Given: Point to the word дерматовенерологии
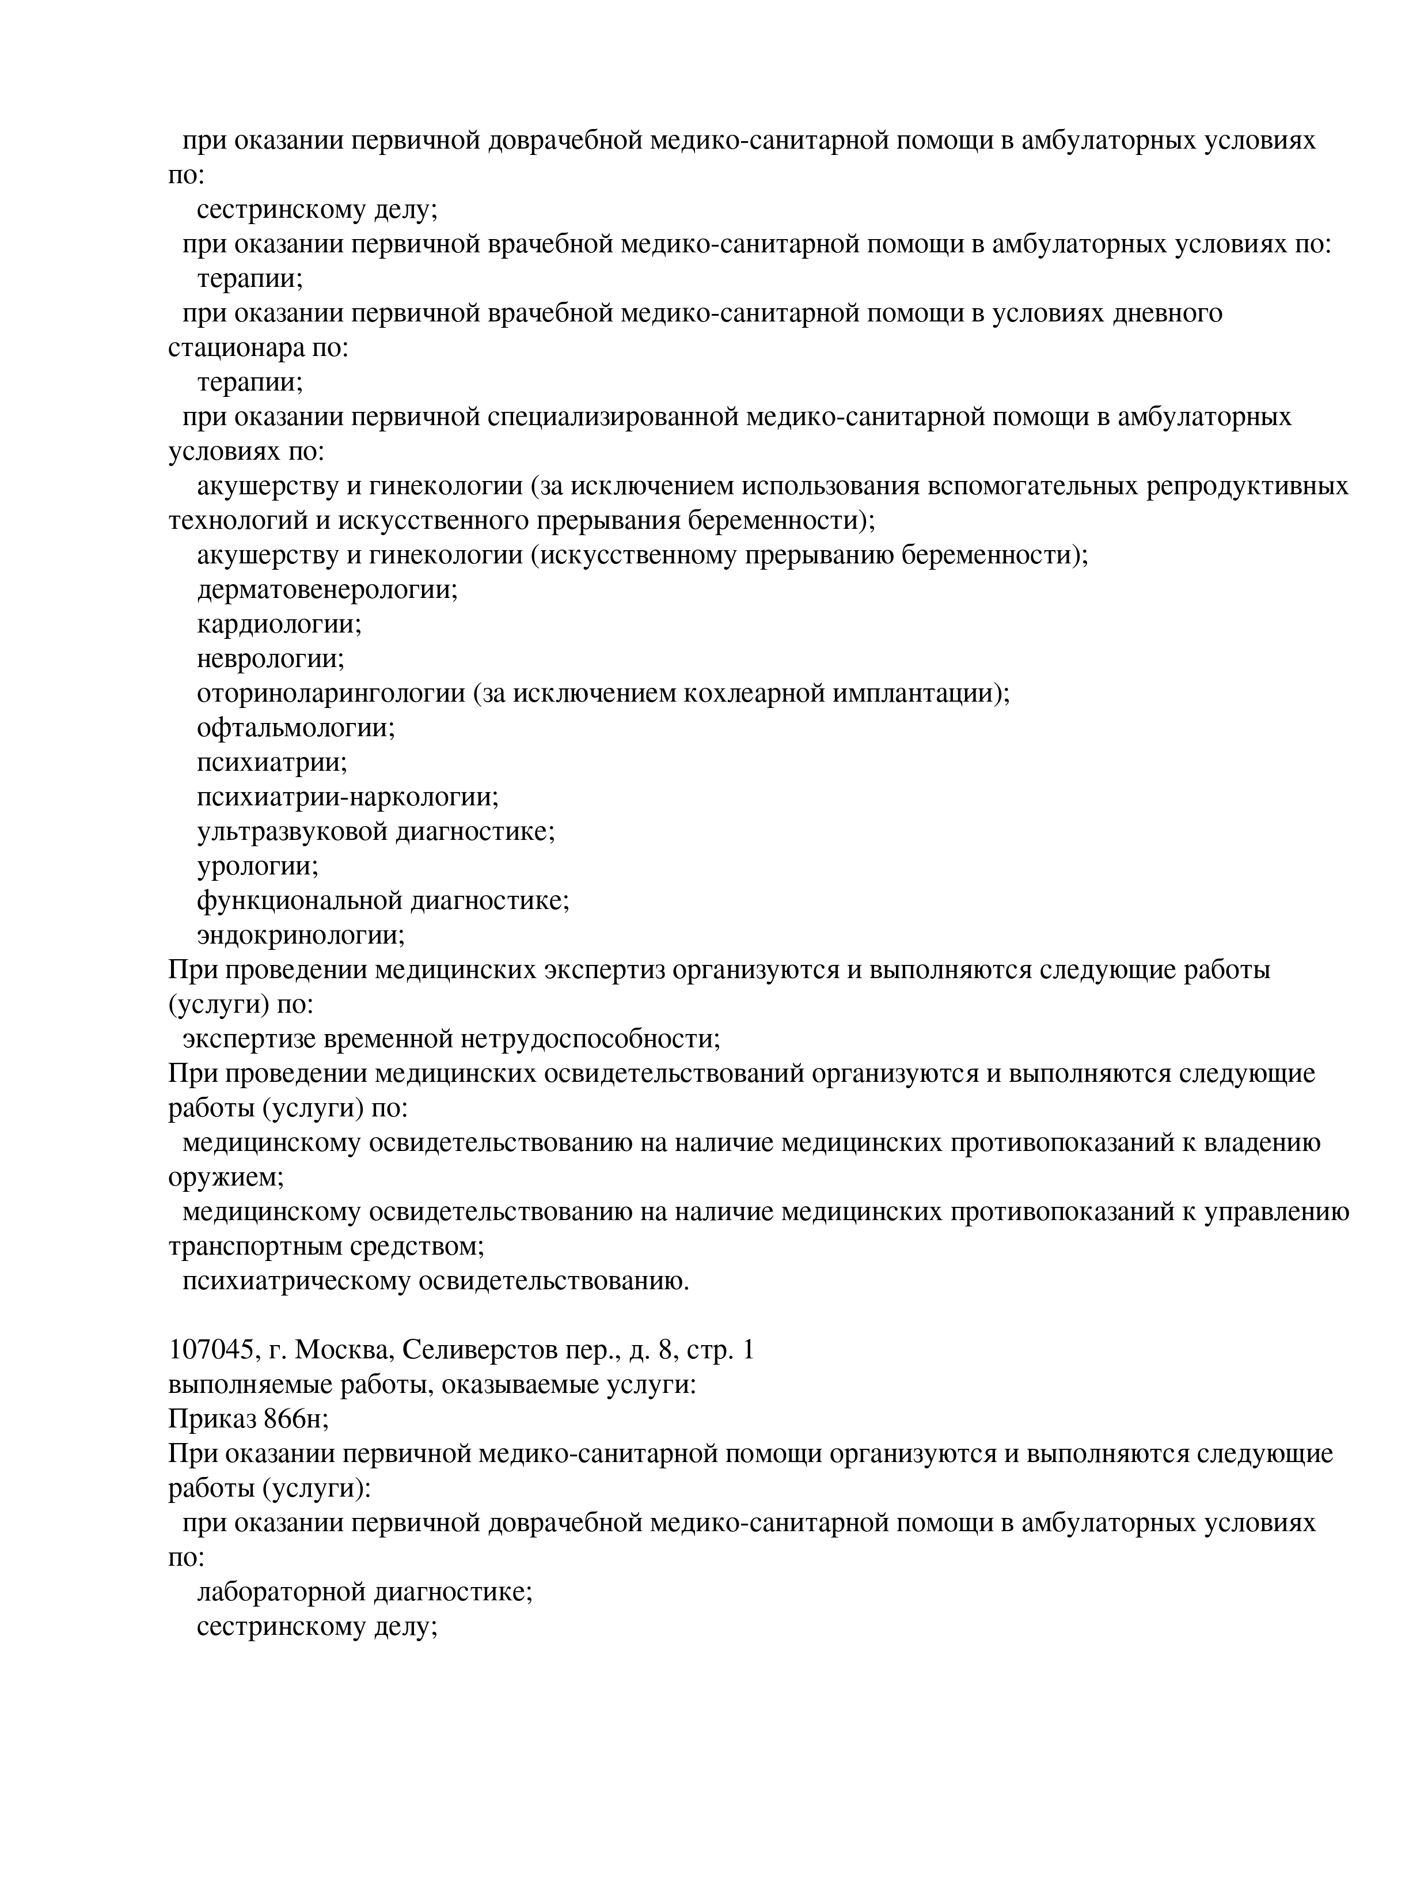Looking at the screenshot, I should [326, 589].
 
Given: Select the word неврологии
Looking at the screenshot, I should [270, 659].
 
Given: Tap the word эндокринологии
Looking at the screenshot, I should [300, 935].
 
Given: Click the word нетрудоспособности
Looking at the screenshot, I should [591, 1039].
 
